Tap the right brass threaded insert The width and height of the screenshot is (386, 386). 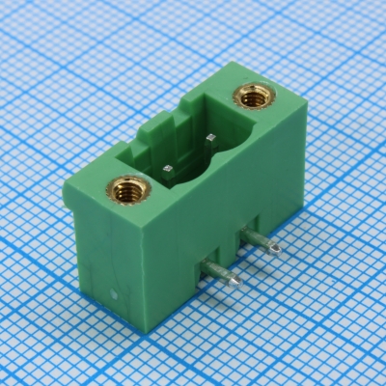pyautogui.click(x=253, y=97)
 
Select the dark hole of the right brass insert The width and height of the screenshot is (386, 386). pyautogui.click(x=253, y=96)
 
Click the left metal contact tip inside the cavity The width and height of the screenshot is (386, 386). pyautogui.click(x=169, y=168)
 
